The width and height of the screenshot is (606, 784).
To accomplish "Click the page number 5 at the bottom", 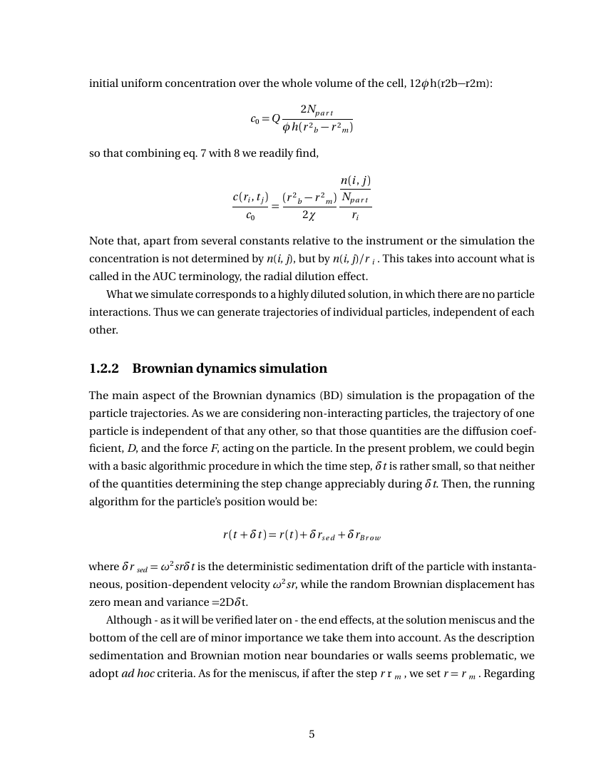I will click(x=312, y=734).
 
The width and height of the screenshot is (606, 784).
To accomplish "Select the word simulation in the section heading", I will click(x=289, y=368).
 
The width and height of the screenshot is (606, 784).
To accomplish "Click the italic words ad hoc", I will click(x=140, y=674).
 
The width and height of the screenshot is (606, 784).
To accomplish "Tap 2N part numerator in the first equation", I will click(x=317, y=110).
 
